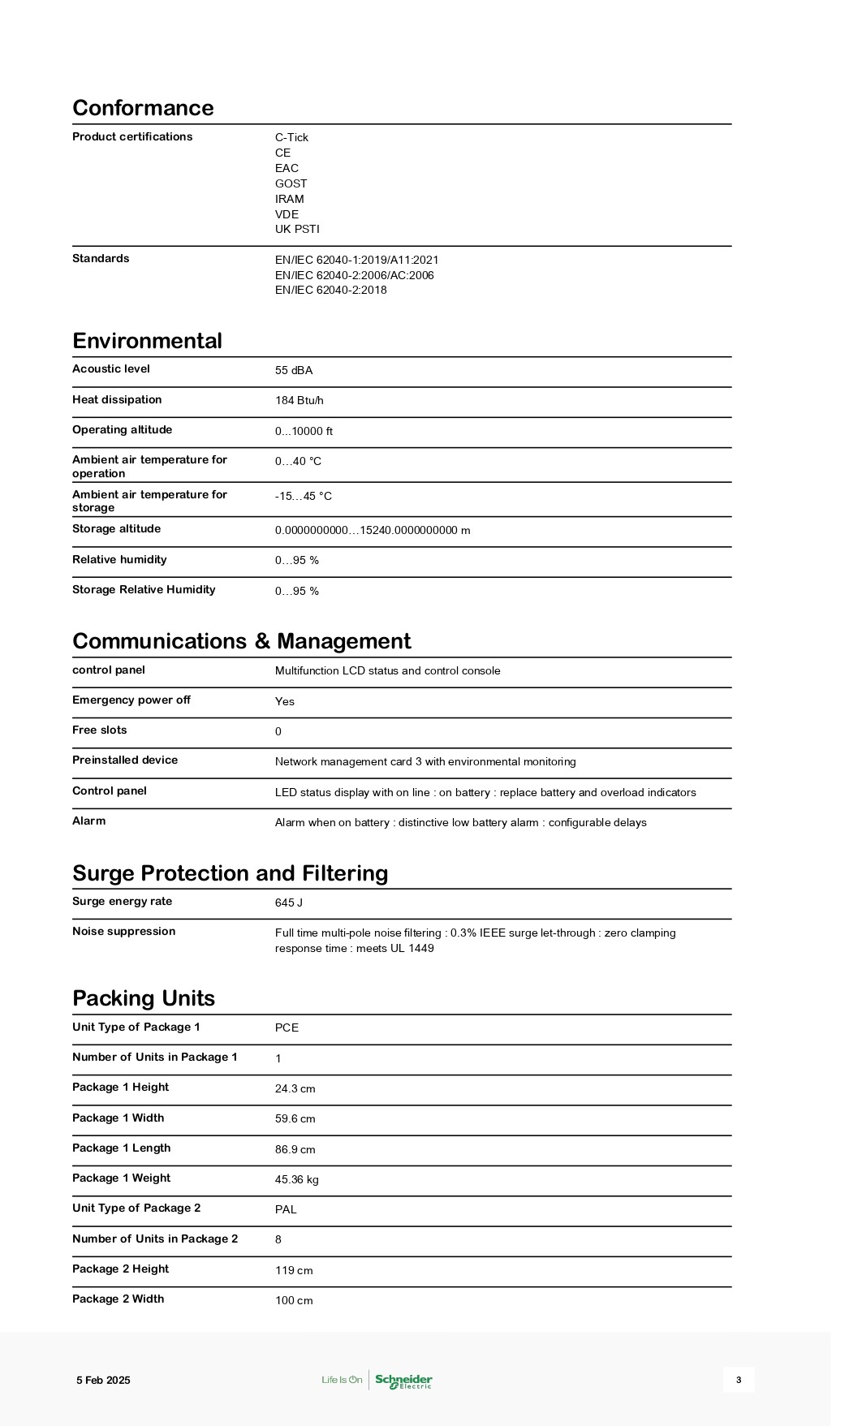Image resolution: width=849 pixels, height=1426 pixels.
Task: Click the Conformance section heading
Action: point(143,108)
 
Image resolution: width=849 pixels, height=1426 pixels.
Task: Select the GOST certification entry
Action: point(291,183)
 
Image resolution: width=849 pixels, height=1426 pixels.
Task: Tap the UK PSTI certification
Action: point(297,229)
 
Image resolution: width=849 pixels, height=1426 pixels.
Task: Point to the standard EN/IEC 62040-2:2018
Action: point(330,290)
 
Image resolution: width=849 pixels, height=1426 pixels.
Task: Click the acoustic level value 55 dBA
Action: point(293,370)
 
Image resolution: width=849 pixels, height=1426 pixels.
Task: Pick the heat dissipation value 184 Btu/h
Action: point(299,400)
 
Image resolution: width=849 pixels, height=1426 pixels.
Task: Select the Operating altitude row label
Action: point(122,429)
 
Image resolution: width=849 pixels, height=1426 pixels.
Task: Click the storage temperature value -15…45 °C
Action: point(303,496)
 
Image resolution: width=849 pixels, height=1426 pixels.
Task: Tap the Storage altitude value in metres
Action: point(372,530)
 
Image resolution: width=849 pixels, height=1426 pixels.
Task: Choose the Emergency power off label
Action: point(131,700)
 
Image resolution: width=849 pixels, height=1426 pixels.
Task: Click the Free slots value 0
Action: point(278,731)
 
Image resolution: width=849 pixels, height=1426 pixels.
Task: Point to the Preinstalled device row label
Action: point(124,760)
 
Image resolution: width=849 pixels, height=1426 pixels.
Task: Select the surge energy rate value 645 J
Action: point(288,903)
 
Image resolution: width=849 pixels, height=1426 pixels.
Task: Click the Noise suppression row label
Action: point(123,931)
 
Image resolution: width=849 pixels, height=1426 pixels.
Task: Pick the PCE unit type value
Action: point(287,1027)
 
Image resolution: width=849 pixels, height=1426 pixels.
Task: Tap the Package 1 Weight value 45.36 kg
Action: point(296,1179)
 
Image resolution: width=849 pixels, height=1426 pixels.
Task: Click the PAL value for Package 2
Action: point(286,1209)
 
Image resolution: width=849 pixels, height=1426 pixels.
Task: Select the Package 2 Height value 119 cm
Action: point(293,1270)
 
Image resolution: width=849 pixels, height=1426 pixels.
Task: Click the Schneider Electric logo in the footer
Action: point(403,1381)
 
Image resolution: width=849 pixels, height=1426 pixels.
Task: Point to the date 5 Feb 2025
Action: point(103,1380)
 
